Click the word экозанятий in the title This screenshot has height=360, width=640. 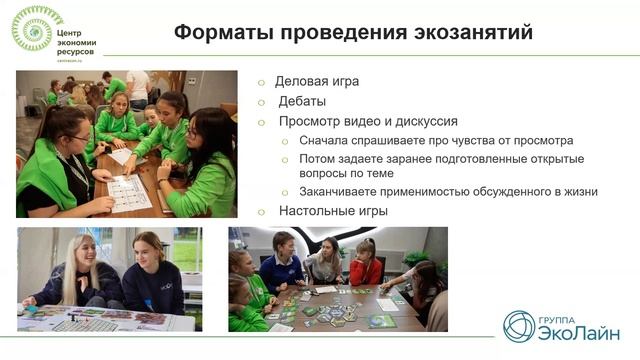(469, 31)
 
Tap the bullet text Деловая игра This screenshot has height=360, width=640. (319, 82)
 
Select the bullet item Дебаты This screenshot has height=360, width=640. (302, 101)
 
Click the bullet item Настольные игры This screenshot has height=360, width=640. (333, 211)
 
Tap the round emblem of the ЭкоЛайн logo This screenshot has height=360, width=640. (520, 326)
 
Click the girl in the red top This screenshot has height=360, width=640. (366, 264)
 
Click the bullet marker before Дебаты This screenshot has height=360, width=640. (262, 102)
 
